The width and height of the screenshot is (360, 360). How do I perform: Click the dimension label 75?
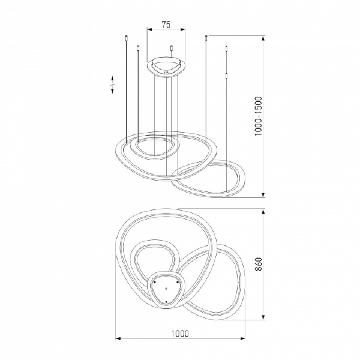pyautogui.click(x=166, y=25)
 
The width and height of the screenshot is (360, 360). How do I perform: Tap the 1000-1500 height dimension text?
pyautogui.click(x=258, y=116)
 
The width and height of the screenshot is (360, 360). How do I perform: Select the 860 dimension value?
pyautogui.click(x=258, y=264)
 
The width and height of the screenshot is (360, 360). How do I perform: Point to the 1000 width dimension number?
pyautogui.click(x=180, y=334)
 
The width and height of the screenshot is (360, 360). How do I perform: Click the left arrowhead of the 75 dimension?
pyautogui.click(x=149, y=29)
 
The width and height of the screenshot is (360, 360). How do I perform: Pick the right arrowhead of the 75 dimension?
pyautogui.click(x=182, y=29)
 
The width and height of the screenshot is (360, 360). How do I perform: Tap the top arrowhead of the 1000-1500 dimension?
pyautogui.click(x=263, y=38)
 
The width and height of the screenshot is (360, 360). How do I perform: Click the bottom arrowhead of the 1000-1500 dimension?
pyautogui.click(x=263, y=194)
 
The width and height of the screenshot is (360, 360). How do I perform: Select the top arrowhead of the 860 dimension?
pyautogui.click(x=263, y=211)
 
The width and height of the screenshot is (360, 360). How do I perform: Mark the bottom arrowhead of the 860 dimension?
pyautogui.click(x=263, y=317)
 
